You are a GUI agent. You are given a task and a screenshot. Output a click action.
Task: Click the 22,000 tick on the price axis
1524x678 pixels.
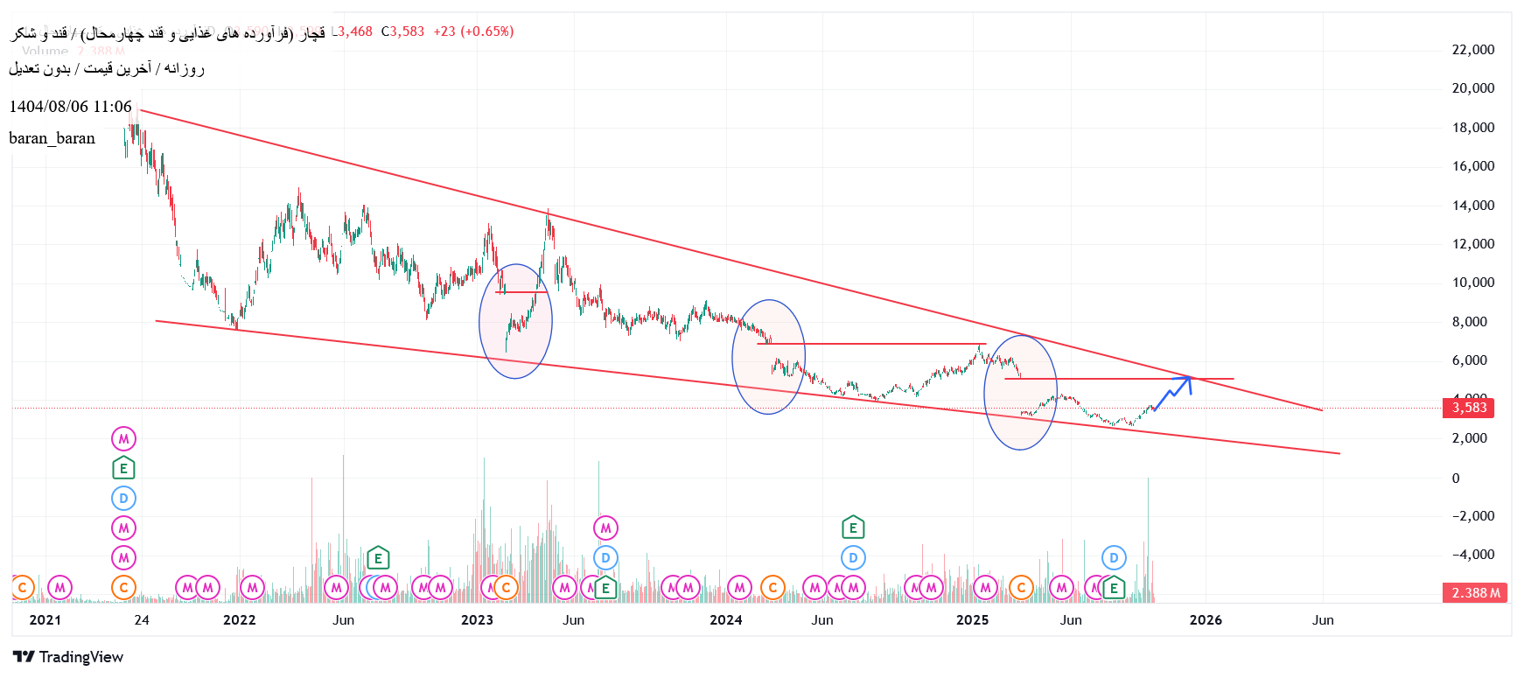pyautogui.click(x=1472, y=50)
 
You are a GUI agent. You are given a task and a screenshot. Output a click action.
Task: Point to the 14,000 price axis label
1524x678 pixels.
pyautogui.click(x=1472, y=206)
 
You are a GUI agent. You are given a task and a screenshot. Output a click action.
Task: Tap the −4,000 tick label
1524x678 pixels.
pyautogui.click(x=1472, y=555)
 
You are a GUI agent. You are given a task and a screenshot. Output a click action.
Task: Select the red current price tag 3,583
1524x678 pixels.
pyautogui.click(x=1469, y=408)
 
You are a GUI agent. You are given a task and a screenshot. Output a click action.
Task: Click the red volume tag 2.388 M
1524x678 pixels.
pyautogui.click(x=1475, y=593)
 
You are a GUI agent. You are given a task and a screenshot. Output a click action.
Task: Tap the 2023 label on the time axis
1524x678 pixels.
pyautogui.click(x=477, y=620)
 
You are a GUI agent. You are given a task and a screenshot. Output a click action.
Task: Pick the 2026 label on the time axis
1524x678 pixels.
pyautogui.click(x=1206, y=620)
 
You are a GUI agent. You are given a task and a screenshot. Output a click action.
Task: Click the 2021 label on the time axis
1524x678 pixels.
pyautogui.click(x=45, y=620)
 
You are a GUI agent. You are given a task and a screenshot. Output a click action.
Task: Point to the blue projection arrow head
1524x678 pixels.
pyautogui.click(x=1187, y=380)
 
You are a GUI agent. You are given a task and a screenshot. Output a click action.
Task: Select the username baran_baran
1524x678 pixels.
pyautogui.click(x=52, y=138)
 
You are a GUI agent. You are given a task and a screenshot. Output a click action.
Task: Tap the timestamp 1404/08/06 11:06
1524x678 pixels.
pyautogui.click(x=70, y=107)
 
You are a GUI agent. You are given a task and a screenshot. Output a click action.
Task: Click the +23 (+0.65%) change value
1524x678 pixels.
pyautogui.click(x=473, y=31)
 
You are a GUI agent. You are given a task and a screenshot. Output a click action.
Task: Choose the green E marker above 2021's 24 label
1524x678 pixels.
pyautogui.click(x=123, y=468)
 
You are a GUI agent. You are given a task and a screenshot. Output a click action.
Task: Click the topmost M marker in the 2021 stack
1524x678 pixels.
pyautogui.click(x=123, y=438)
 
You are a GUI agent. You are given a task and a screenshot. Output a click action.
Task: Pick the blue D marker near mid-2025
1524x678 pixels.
pyautogui.click(x=1113, y=557)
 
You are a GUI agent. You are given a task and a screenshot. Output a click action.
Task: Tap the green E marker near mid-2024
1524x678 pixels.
pyautogui.click(x=853, y=528)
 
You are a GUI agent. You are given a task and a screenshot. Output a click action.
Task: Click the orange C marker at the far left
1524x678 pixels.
pyautogui.click(x=23, y=588)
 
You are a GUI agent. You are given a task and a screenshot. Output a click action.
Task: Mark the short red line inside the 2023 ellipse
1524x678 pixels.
pyautogui.click(x=521, y=292)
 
